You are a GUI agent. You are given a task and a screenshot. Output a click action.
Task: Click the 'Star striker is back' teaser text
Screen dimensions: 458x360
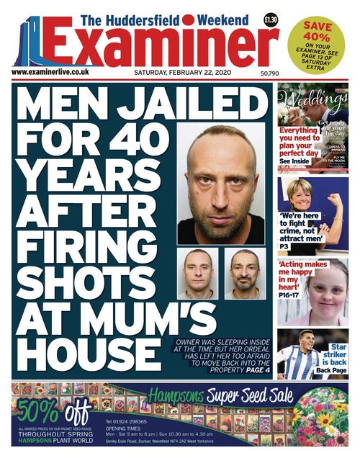point(333,358)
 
